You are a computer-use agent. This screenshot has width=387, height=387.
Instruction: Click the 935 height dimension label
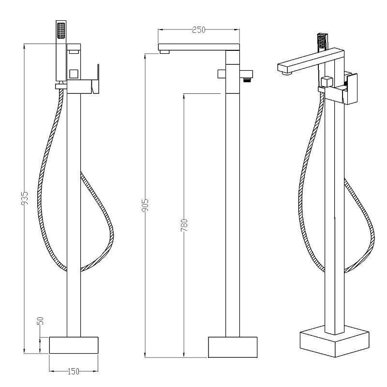point(25,198)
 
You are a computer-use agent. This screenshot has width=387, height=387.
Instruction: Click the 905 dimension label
point(145,205)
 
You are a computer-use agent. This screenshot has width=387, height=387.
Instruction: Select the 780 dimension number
point(184,225)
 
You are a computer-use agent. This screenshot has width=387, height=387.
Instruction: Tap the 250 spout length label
point(199,30)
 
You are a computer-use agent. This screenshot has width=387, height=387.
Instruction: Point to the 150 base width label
point(74,372)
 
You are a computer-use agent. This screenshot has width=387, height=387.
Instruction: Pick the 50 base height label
point(40,321)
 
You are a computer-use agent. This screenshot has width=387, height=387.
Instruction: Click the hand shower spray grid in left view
point(61,30)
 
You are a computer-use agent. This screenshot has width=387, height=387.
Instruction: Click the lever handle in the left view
point(95,79)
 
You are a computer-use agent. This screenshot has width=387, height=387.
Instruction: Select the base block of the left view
point(74,345)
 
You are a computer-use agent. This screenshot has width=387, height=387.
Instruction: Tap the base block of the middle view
point(233,347)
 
